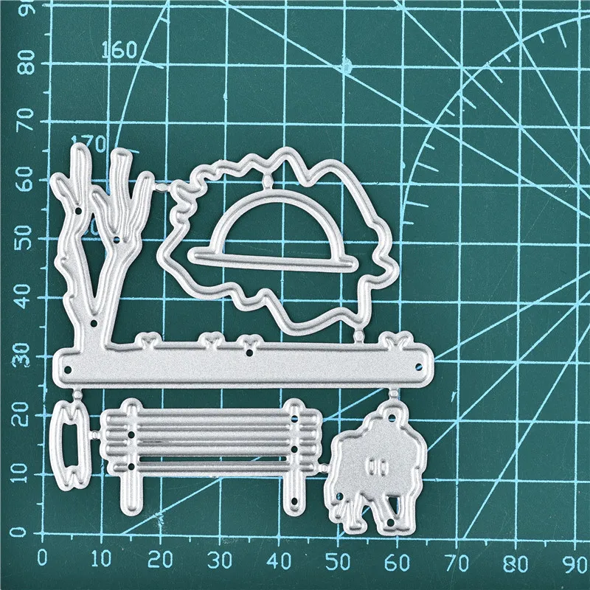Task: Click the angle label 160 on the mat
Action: click(x=119, y=50)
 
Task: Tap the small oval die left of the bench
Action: click(x=72, y=440)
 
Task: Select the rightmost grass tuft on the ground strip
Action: click(x=399, y=341)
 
